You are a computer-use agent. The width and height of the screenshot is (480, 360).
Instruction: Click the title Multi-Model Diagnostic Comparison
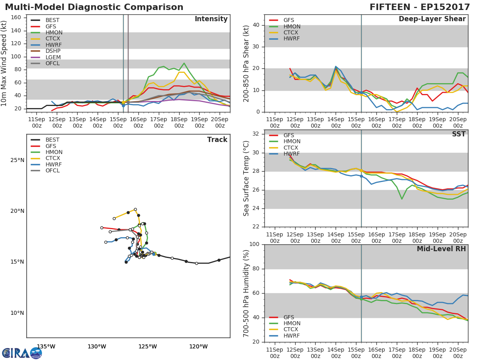(94, 7)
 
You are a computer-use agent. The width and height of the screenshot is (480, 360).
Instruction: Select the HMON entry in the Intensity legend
(54, 32)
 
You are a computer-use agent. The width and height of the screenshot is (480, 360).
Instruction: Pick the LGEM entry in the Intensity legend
(53, 57)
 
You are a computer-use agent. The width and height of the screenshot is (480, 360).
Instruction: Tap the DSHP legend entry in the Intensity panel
(53, 51)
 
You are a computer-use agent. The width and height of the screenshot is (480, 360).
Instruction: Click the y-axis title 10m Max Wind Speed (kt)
(4, 63)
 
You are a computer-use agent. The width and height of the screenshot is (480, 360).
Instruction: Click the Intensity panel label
(211, 19)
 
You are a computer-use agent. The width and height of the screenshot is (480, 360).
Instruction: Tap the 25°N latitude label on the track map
(17, 160)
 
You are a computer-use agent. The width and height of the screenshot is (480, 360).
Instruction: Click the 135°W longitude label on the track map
(46, 346)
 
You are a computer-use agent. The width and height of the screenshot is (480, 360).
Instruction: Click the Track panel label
(217, 140)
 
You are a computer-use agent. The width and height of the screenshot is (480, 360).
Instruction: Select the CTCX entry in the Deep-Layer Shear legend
(291, 33)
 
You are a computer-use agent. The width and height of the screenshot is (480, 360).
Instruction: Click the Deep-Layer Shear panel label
(432, 19)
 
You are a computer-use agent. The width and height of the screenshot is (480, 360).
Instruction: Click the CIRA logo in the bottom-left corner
(22, 353)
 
